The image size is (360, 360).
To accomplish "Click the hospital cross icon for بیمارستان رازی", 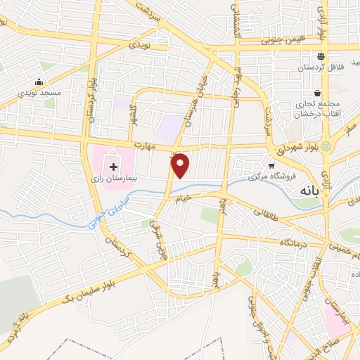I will point(114,149).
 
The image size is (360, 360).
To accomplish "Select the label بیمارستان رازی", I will point(114,161).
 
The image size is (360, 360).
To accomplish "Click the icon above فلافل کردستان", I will point(321,56).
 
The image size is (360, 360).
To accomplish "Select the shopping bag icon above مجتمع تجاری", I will point(318,93).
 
